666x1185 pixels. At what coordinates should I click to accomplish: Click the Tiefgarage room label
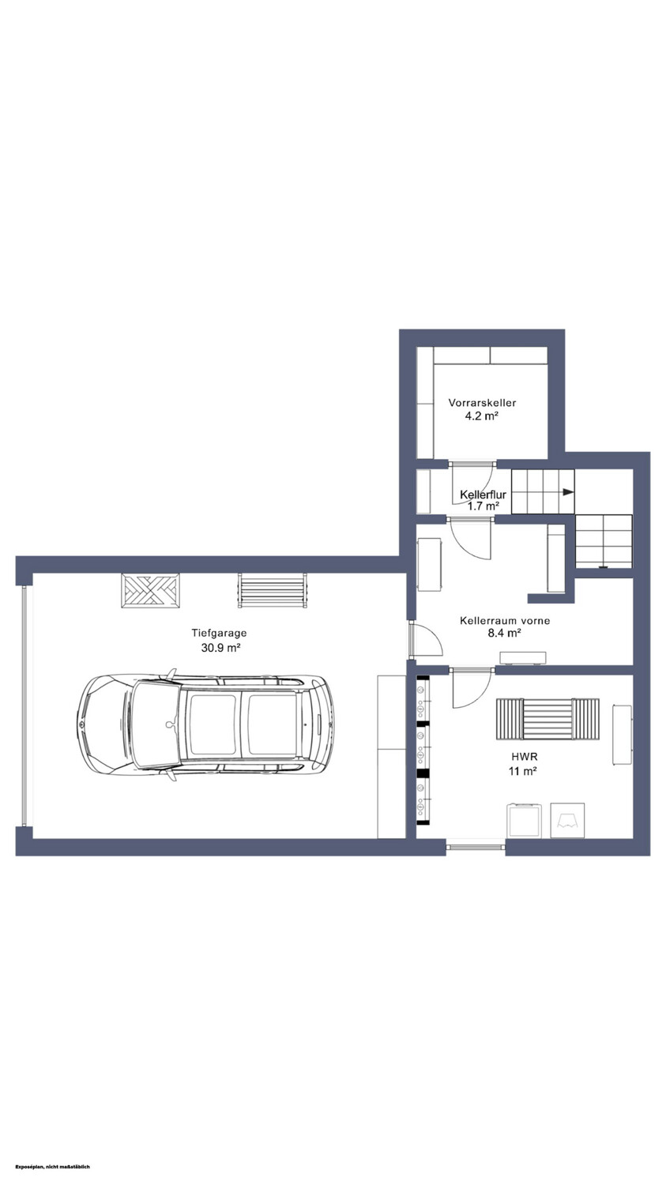pos(219,633)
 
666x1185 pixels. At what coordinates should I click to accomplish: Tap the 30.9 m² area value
pos(220,647)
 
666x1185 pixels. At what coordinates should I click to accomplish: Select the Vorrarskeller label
pos(482,403)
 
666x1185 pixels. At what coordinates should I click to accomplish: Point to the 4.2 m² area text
pos(482,416)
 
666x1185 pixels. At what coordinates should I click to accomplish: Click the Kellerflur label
pos(483,495)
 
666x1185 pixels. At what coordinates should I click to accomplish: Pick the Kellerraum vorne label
pos(505,620)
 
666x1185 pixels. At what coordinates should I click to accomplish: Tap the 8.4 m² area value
pos(505,633)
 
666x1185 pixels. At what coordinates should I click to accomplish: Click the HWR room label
pos(525,757)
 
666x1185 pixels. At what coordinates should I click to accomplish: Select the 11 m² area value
pos(523,771)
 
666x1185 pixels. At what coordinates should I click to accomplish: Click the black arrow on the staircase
pos(568,492)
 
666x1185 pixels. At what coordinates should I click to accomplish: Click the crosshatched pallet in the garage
pos(150,590)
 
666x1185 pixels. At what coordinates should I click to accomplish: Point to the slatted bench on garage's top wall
pos(272,590)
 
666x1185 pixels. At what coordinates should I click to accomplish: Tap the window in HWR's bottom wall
pos(476,847)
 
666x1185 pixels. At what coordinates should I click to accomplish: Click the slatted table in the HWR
pos(547,719)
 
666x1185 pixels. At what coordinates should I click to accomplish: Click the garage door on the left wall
pos(24,707)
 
